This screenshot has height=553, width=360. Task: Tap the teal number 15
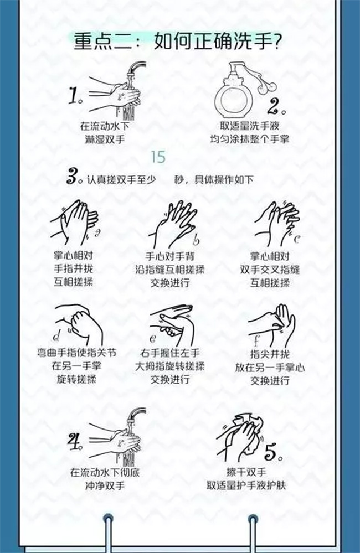[x=158, y=157]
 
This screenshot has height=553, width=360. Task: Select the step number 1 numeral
[x=75, y=95]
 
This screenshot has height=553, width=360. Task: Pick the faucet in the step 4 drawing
[x=136, y=416]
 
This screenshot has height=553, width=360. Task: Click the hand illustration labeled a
[x=75, y=223]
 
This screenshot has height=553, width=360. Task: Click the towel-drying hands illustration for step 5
[x=240, y=438]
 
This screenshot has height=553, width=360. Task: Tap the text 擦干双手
[x=246, y=472]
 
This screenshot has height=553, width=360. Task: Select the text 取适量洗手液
[x=250, y=126]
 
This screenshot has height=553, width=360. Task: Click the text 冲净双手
[x=105, y=485]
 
